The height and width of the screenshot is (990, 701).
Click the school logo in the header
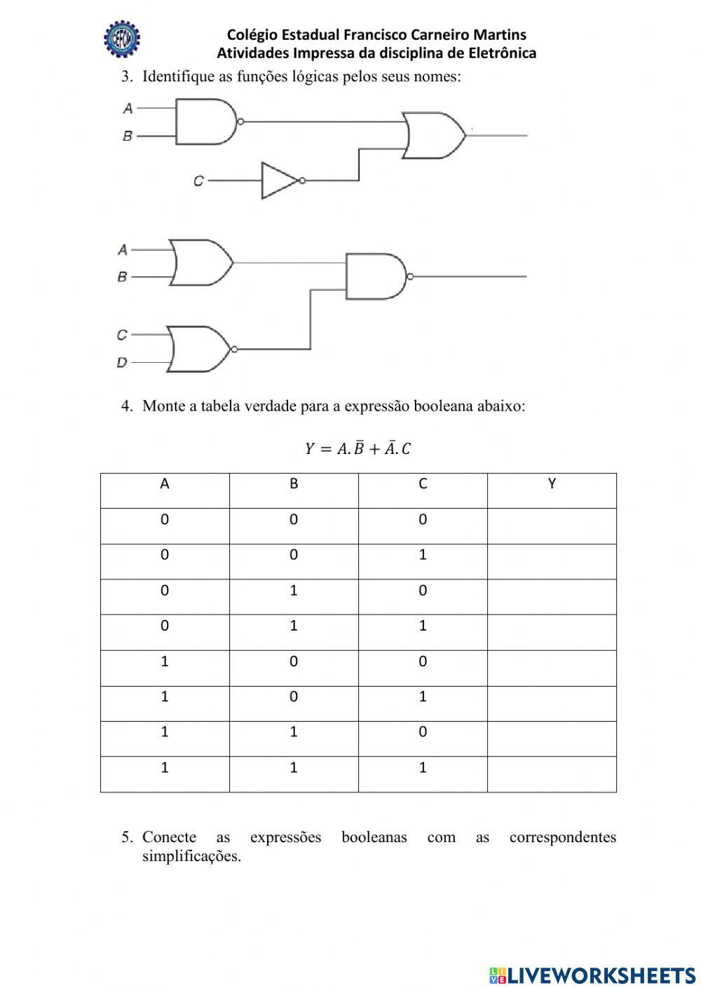tap(122, 40)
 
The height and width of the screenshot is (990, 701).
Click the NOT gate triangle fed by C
tap(279, 181)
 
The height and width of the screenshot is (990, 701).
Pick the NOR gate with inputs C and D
tap(200, 349)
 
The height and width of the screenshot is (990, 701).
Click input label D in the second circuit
tap(122, 363)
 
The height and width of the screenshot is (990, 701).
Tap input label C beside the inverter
tap(198, 181)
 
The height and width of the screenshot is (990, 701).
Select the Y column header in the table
tap(552, 484)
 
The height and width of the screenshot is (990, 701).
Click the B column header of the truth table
tap(294, 484)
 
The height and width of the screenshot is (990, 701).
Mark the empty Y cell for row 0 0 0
tap(552, 526)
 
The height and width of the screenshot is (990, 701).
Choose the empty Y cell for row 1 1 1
tap(552, 774)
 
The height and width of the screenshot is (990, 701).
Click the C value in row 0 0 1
tap(423, 555)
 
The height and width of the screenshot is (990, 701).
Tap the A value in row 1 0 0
tap(165, 661)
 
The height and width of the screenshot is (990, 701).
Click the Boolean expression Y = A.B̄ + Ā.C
tap(358, 448)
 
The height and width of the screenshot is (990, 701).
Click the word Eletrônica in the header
tap(502, 53)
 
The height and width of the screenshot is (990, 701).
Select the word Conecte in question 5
tap(169, 837)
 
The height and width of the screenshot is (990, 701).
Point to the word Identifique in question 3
tap(178, 76)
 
